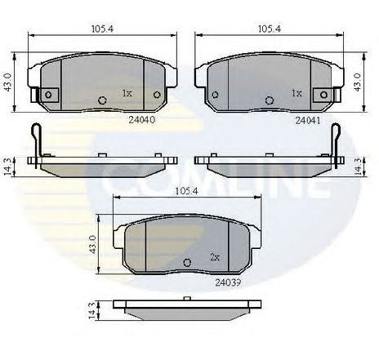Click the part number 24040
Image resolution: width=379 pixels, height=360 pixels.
pyautogui.click(x=142, y=120)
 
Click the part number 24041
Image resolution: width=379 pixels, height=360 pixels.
pyautogui.click(x=308, y=120)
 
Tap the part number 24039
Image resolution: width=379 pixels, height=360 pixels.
pyautogui.click(x=228, y=282)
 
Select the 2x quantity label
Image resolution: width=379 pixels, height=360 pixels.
pyautogui.click(x=215, y=257)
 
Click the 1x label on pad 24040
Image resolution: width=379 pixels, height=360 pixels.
pyautogui.click(x=127, y=93)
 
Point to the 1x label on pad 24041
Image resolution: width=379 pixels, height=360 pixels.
pyautogui.click(x=297, y=93)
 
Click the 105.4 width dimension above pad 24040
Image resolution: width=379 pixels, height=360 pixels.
pyautogui.click(x=102, y=29)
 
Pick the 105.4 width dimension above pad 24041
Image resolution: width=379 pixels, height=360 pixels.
pyautogui.click(x=270, y=29)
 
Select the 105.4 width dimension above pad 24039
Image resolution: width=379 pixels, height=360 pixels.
pyautogui.click(x=187, y=191)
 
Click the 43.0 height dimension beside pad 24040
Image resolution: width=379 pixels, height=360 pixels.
pyautogui.click(x=8, y=82)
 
